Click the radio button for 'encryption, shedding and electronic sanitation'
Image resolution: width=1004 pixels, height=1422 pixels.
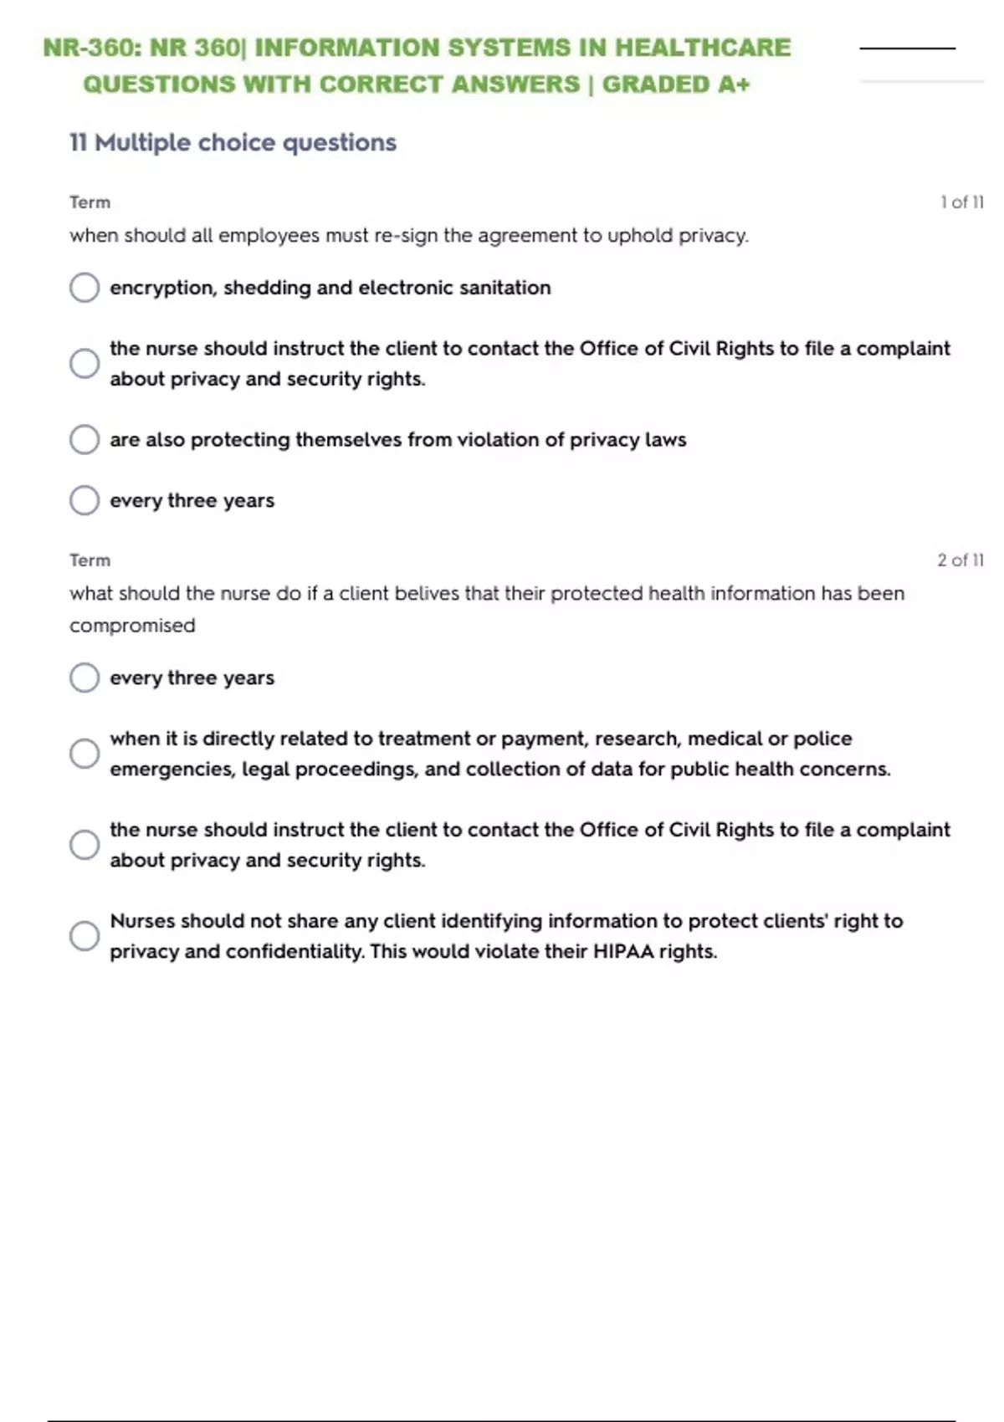[x=85, y=288]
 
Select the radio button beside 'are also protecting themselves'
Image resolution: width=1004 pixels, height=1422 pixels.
[x=85, y=440]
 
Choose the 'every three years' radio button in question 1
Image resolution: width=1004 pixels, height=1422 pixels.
[x=85, y=501]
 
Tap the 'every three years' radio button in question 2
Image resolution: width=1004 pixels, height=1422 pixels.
[x=85, y=678]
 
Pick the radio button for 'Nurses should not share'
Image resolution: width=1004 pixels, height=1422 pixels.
[x=85, y=936]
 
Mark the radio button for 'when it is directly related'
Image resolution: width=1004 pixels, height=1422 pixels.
[x=85, y=754]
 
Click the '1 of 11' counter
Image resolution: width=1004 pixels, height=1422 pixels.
[x=961, y=202]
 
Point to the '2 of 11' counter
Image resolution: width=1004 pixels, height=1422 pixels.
[x=960, y=560]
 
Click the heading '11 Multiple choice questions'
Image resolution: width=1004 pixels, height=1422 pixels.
[x=233, y=143]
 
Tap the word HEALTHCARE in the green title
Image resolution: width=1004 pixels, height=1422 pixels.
[x=703, y=48]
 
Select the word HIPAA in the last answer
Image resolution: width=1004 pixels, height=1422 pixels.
[x=623, y=952]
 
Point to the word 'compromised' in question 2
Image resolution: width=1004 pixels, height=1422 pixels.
[x=132, y=626]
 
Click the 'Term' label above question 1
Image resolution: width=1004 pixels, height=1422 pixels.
[x=90, y=202]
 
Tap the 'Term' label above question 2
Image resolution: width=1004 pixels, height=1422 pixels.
[x=90, y=560]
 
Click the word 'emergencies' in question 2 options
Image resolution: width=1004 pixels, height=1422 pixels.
[x=172, y=770]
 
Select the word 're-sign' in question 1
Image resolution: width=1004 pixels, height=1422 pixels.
[x=406, y=236]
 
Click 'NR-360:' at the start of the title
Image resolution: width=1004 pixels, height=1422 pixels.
[x=92, y=48]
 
